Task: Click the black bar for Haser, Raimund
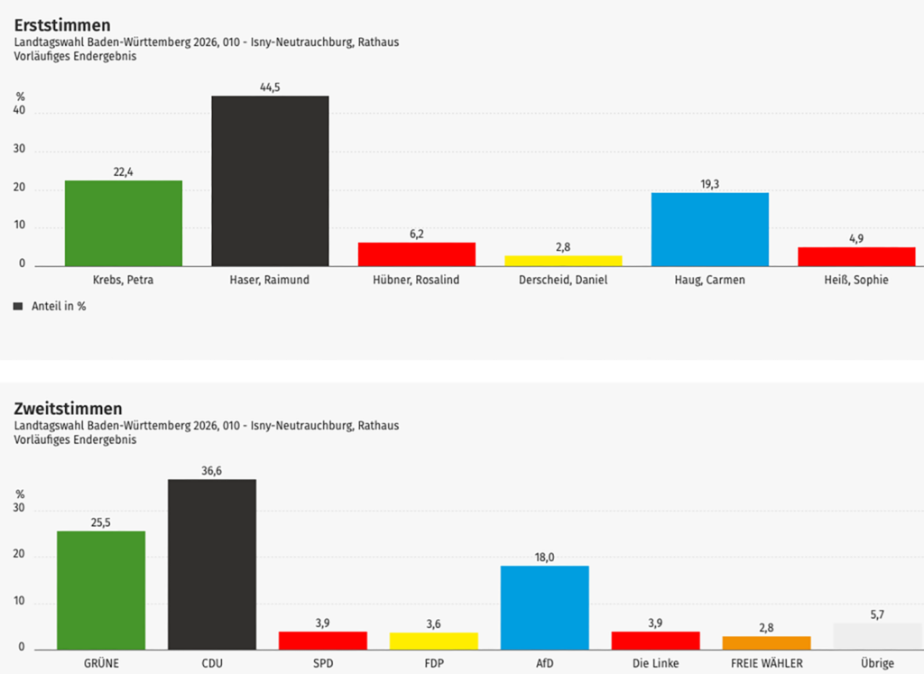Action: (270, 180)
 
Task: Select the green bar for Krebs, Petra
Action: (124, 223)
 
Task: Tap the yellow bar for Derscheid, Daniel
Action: (563, 261)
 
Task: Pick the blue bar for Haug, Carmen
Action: (709, 229)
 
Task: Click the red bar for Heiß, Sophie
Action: (856, 256)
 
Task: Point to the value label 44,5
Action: (270, 88)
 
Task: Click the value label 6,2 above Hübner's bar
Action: (417, 234)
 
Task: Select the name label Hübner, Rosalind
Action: (417, 280)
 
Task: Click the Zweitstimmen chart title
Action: (69, 409)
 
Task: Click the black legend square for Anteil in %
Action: (18, 306)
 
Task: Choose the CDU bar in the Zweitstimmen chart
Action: (212, 564)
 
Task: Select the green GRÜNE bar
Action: (101, 590)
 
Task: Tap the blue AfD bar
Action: (544, 607)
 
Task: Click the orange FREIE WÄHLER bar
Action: (766, 642)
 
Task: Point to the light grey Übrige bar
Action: (877, 636)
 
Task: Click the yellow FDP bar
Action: (434, 641)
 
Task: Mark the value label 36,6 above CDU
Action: (212, 470)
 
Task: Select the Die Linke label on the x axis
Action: (655, 663)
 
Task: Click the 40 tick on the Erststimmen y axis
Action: (20, 113)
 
